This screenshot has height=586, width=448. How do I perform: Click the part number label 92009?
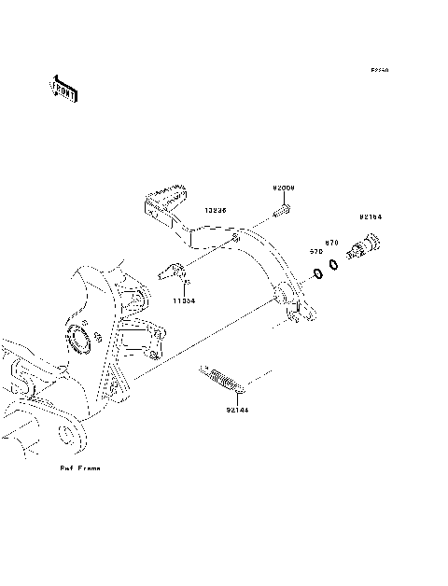[284, 188]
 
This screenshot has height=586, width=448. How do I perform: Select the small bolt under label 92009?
[279, 213]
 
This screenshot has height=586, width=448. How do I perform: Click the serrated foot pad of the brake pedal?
[160, 201]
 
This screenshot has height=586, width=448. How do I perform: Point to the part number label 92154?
[371, 217]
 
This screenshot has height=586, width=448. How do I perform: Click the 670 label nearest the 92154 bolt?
[330, 242]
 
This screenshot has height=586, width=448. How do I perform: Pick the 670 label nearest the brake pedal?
[315, 252]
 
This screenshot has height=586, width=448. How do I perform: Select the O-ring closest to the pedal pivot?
[318, 274]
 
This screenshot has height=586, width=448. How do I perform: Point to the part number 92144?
[238, 409]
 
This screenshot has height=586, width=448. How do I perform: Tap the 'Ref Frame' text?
[80, 467]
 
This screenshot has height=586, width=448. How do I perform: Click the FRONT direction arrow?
[63, 90]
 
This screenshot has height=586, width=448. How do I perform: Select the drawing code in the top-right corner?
[378, 70]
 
